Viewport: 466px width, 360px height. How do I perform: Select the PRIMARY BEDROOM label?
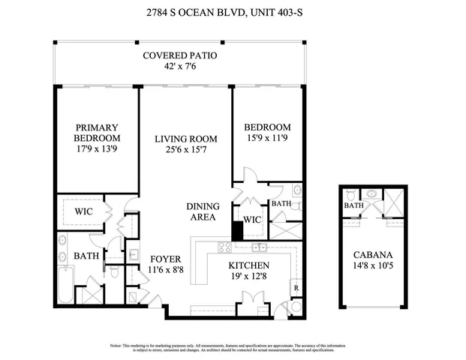97,133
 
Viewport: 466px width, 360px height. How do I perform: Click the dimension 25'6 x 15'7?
185,150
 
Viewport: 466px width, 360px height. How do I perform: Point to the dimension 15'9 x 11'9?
268,139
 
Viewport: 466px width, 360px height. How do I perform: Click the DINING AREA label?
201,211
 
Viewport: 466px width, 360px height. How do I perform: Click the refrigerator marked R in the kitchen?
296,286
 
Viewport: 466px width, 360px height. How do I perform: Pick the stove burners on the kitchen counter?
224,247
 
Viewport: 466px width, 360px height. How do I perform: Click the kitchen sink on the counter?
260,247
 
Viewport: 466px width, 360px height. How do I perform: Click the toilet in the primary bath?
115,272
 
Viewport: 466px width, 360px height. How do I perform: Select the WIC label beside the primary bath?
83,211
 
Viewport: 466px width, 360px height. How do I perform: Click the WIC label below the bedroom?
252,220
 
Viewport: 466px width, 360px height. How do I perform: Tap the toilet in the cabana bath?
369,194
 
